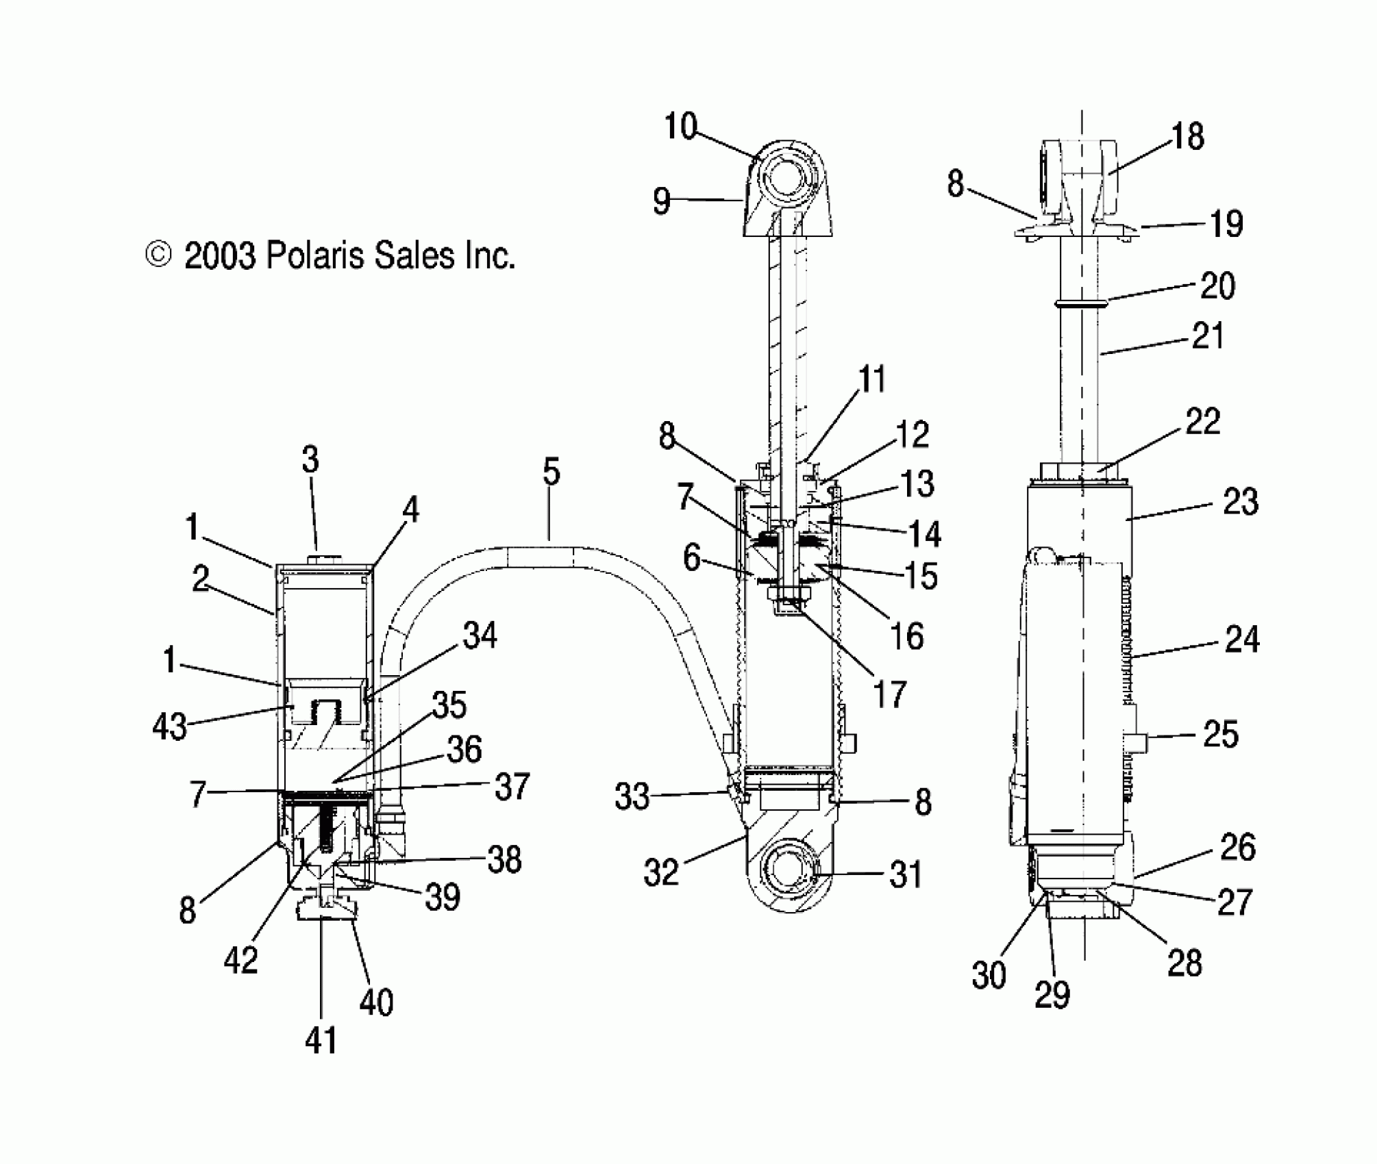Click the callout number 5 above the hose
(551, 472)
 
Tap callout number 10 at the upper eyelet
(680, 127)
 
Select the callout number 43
(169, 726)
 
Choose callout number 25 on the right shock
(1220, 735)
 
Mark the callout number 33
(632, 797)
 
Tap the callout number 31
(905, 875)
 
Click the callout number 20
(1217, 286)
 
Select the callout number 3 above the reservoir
(310, 460)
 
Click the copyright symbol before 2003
(158, 255)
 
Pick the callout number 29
(1052, 995)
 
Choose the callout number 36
(464, 750)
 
